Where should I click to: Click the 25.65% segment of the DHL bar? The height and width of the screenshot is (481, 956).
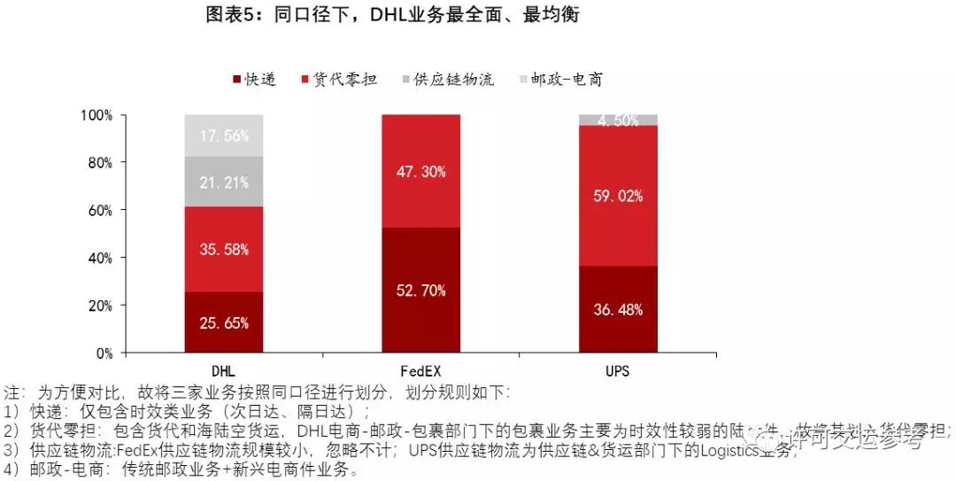click(224, 322)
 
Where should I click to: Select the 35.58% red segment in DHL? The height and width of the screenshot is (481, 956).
click(224, 250)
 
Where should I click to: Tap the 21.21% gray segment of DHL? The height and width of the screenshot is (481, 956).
click(224, 182)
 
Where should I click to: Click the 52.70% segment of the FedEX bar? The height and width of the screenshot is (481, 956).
click(421, 291)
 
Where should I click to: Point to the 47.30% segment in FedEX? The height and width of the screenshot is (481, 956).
click(421, 171)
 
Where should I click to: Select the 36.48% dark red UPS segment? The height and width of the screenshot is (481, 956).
click(618, 309)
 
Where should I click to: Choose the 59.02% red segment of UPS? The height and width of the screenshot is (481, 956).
click(618, 195)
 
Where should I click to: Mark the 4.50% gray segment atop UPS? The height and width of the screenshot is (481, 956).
click(618, 120)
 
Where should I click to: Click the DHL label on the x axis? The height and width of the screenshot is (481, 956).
click(224, 371)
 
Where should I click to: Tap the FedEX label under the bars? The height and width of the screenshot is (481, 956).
click(421, 371)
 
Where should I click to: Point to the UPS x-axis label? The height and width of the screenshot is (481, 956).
click(618, 371)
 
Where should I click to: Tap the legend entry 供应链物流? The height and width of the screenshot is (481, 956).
click(447, 80)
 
